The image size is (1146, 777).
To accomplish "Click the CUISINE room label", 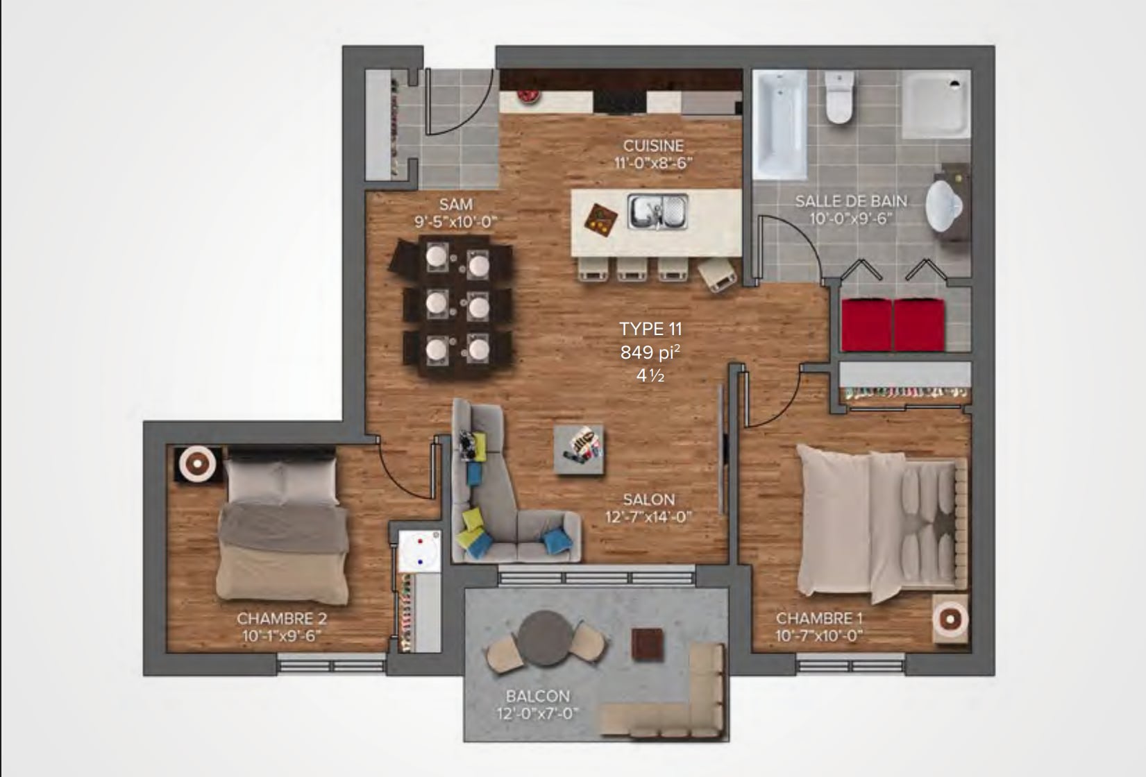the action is [x=653, y=146].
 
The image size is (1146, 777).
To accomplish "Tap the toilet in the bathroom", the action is [x=840, y=97].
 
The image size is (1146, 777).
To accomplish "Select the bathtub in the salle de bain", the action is [x=780, y=124].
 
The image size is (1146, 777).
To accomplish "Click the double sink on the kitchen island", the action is [x=657, y=211].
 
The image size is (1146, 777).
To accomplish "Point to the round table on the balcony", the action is [x=543, y=638].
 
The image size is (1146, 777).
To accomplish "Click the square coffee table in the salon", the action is [x=579, y=450].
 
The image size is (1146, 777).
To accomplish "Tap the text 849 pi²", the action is [x=650, y=352].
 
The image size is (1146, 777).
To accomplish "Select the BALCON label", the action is [x=538, y=697].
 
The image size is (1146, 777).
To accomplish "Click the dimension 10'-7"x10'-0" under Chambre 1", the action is [x=819, y=636].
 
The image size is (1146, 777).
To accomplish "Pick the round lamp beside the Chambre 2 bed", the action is [x=198, y=463].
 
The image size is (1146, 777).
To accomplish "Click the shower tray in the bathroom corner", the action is [x=936, y=105].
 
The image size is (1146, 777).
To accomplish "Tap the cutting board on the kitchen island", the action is [x=600, y=221].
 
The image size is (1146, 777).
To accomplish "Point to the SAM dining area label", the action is [x=456, y=205].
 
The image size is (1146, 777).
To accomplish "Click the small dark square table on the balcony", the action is [x=648, y=644].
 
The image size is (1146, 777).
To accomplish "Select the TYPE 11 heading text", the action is [x=651, y=330].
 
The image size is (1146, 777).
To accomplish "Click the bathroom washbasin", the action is [x=945, y=205].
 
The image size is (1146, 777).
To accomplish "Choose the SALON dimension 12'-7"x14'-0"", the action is [x=648, y=518].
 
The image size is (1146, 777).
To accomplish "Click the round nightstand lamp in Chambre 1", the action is [x=950, y=619].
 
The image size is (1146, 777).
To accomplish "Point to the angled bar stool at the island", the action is [x=717, y=275].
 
